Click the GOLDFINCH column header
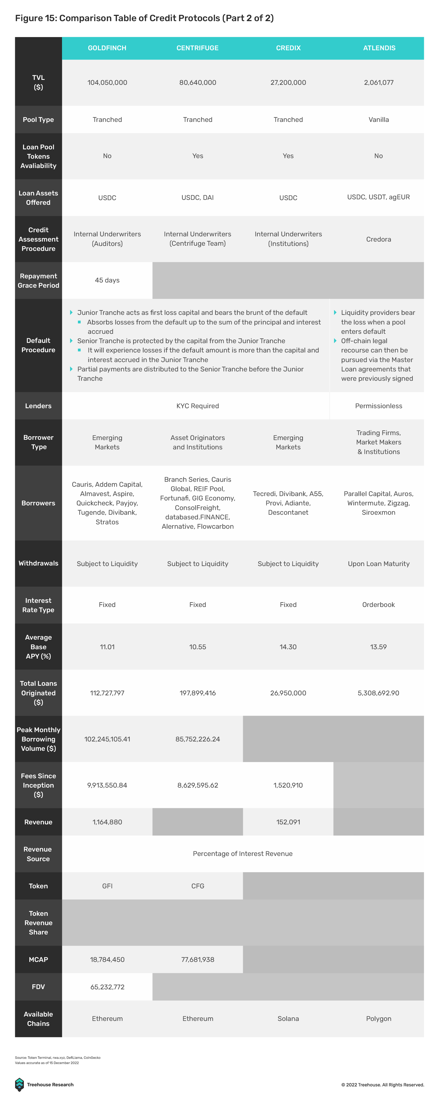point(107,48)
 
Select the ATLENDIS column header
point(379,48)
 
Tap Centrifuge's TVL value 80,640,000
point(198,83)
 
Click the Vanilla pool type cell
point(379,119)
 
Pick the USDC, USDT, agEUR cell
point(378,197)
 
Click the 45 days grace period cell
point(107,280)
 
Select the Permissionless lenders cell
point(378,406)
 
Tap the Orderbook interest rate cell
point(378,604)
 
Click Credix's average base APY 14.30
point(288,646)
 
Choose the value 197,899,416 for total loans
point(198,693)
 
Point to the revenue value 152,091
point(288,822)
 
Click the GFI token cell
point(107,886)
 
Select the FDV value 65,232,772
point(107,987)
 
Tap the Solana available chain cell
point(288,1019)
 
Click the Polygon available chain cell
point(378,1019)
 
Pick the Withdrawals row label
point(38,563)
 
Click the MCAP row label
point(38,959)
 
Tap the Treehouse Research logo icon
point(19,1084)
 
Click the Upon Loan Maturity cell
point(378,564)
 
